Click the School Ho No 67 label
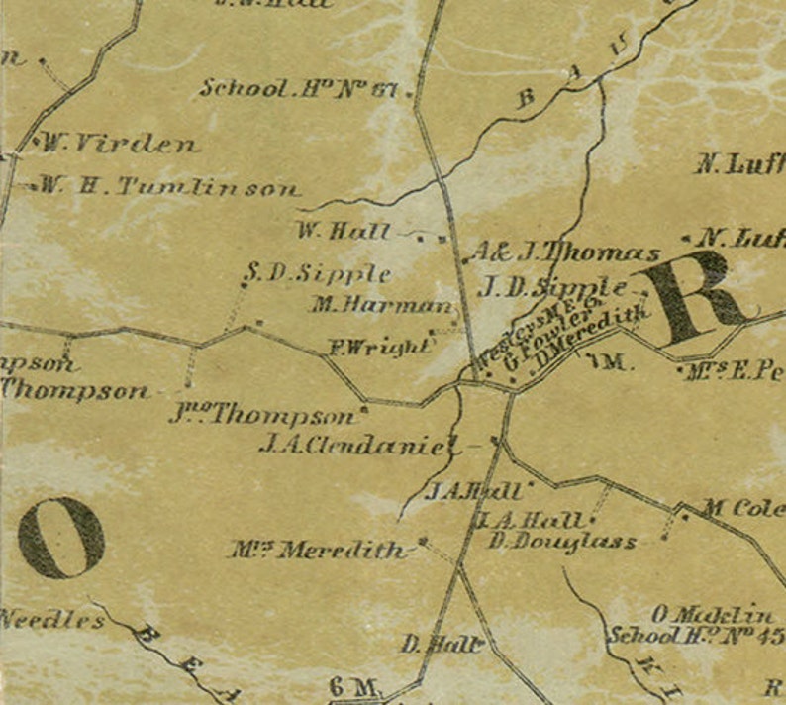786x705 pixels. point(298,88)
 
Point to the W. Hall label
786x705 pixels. point(343,232)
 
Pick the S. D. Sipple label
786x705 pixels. point(317,274)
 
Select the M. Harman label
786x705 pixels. point(381,306)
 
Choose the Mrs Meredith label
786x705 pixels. point(319,550)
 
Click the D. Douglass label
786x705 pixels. point(562,543)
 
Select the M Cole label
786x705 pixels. point(742,509)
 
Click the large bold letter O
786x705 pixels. point(61,538)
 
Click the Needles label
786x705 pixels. point(51,621)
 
